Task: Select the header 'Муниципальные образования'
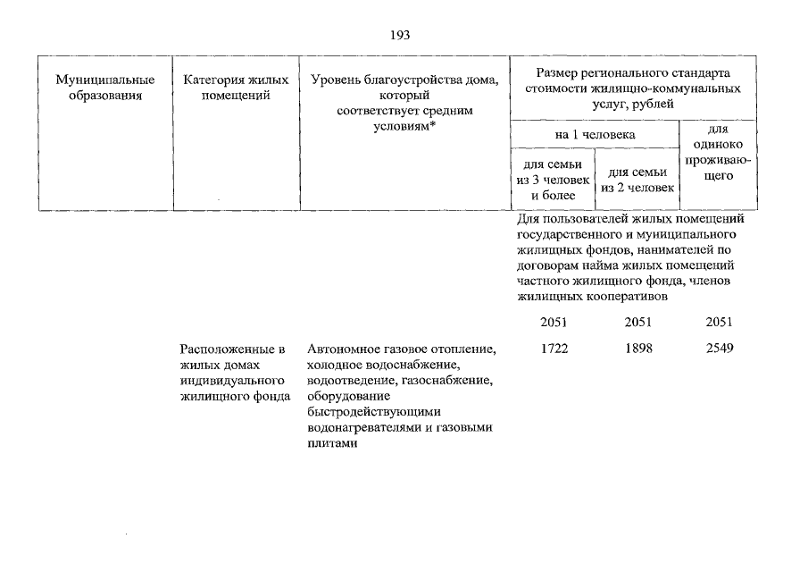[99, 88]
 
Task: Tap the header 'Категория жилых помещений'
[236, 88]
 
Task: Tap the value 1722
[554, 349]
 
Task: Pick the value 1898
[637, 349]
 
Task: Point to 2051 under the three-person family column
[554, 323]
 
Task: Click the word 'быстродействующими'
[362, 412]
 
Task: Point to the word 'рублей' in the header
[655, 105]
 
